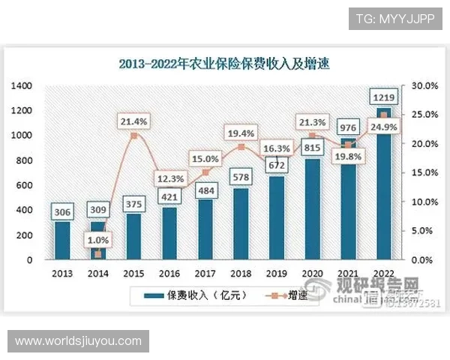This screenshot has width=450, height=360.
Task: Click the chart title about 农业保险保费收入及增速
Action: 224,64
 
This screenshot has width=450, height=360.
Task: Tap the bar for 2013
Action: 61,240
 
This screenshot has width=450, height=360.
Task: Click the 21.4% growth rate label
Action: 133,120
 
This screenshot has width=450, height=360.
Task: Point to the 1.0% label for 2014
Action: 99,241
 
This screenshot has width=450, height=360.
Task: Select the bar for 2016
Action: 169,233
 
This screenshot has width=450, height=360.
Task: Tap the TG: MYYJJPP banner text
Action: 395,18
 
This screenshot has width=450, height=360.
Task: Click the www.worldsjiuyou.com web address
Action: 78,341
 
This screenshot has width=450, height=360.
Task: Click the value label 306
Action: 61,211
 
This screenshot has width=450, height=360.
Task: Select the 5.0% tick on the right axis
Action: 416,231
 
